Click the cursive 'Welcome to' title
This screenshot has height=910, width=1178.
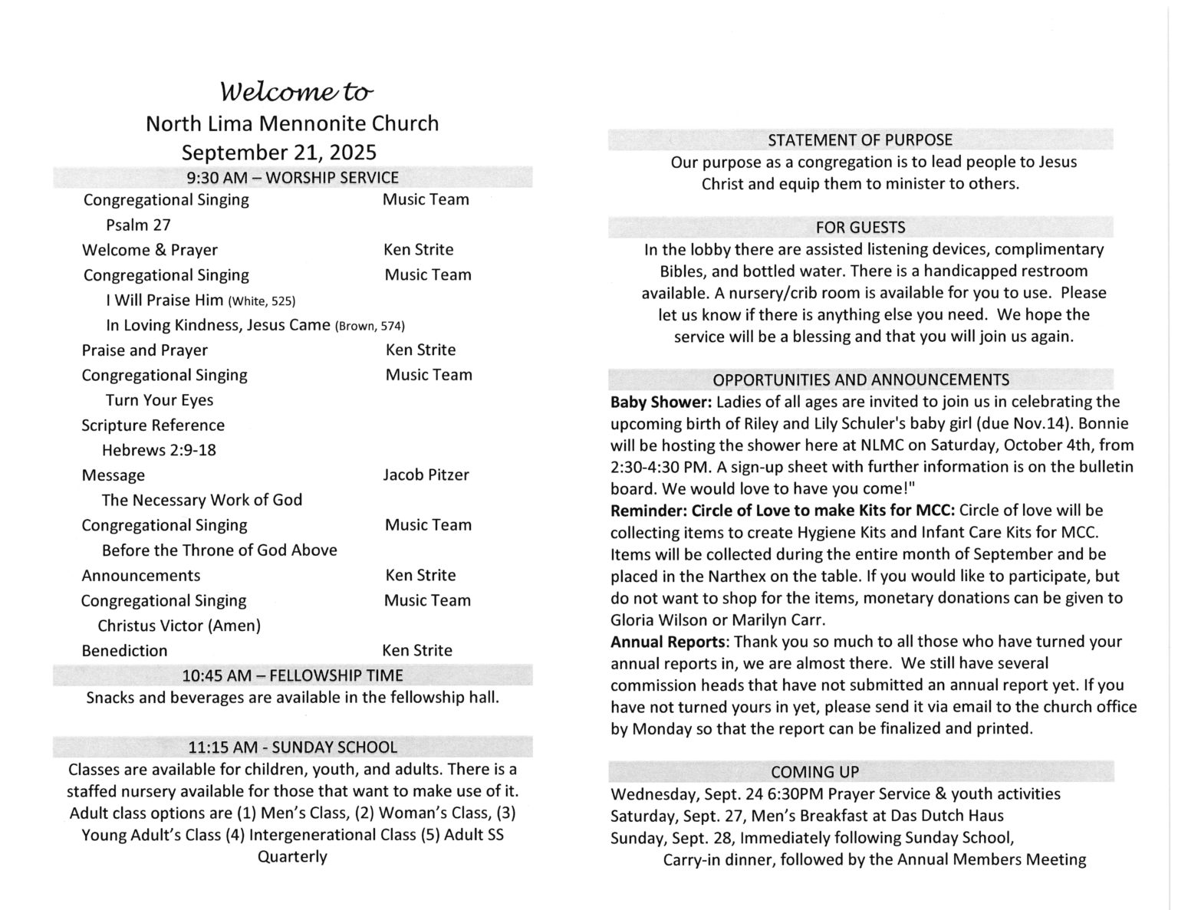(x=297, y=92)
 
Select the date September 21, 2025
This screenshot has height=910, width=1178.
(x=279, y=152)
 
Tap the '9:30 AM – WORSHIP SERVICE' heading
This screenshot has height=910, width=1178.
(x=292, y=178)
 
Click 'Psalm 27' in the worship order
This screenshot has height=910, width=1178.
(x=138, y=225)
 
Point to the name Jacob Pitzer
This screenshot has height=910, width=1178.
(x=426, y=475)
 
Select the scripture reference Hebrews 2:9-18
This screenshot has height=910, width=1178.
(x=159, y=450)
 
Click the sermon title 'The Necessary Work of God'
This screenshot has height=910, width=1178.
(x=202, y=500)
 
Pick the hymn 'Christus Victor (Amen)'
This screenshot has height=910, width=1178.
(x=179, y=626)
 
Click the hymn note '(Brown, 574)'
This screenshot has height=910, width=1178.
(x=370, y=326)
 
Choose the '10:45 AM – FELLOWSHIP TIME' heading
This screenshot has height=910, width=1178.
(x=292, y=675)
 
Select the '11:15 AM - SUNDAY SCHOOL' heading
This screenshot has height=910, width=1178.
(x=292, y=747)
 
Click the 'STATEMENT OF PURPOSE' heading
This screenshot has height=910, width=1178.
(x=860, y=140)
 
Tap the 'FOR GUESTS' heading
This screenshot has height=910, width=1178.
(x=860, y=228)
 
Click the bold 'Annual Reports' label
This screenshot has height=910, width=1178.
(x=667, y=642)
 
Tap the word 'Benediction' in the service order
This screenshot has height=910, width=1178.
(x=124, y=650)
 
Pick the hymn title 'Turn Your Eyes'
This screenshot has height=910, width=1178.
(x=160, y=400)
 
